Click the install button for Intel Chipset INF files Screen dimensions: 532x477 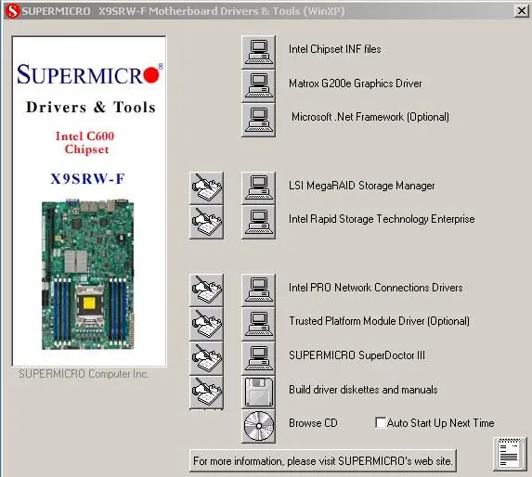click(x=258, y=52)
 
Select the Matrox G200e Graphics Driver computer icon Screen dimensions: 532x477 click(x=258, y=86)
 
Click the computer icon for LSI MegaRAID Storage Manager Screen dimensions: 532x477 click(x=258, y=188)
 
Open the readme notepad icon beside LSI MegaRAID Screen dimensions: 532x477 click(x=207, y=188)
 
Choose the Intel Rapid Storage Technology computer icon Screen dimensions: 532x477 click(x=258, y=222)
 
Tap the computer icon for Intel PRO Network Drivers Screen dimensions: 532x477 click(x=258, y=290)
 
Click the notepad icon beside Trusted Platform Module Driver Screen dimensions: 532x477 click(x=207, y=324)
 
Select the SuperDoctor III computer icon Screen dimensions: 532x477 click(x=258, y=358)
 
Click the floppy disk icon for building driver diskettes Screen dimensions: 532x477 click(x=258, y=393)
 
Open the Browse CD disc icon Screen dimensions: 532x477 click(x=258, y=426)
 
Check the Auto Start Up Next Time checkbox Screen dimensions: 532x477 click(x=381, y=423)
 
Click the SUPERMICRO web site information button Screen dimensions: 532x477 click(x=323, y=460)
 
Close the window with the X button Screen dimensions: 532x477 click(x=522, y=11)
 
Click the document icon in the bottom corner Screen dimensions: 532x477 click(x=510, y=454)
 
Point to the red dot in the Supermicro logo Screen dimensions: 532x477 click(x=151, y=75)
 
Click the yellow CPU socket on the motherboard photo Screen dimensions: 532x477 click(x=89, y=303)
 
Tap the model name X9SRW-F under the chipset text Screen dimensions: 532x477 click(x=87, y=179)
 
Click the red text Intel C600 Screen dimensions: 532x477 click(x=84, y=135)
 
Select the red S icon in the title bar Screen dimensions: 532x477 click(x=13, y=11)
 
